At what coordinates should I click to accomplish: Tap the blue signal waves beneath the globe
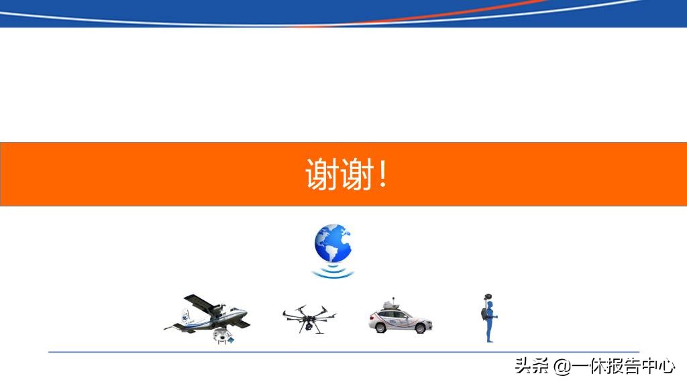[x=333, y=271]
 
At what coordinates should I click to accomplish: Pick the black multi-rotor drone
[x=309, y=317]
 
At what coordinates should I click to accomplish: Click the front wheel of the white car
[x=421, y=328]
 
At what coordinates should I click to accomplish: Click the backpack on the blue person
[x=483, y=314]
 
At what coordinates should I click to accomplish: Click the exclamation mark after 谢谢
[x=383, y=174]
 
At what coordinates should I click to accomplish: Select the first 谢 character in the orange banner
[x=321, y=174]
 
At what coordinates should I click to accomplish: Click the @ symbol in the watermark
[x=561, y=367]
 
